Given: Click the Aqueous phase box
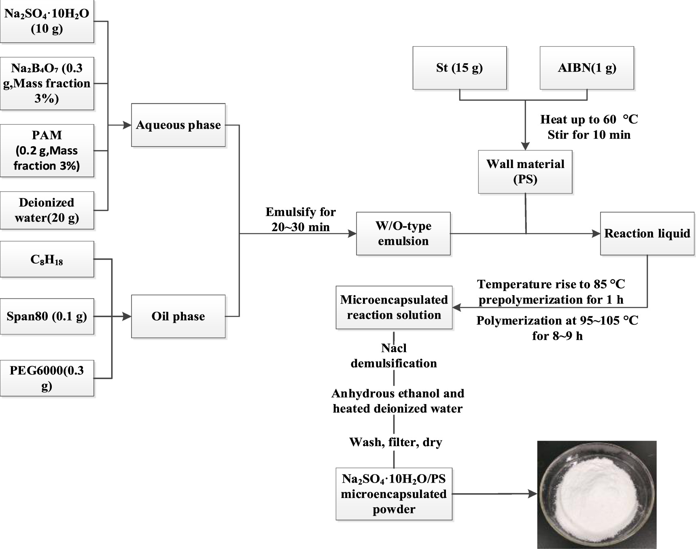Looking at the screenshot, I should click(x=178, y=125).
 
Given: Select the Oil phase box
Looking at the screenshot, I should click(x=178, y=316).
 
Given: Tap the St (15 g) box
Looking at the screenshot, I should click(x=459, y=68).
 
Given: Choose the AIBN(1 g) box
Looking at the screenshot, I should click(x=587, y=68).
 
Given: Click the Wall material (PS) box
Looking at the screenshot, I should click(x=525, y=172).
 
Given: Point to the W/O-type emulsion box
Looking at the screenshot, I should click(x=403, y=234).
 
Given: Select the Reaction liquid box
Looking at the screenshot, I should click(x=647, y=234).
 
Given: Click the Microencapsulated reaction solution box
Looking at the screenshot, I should click(x=394, y=308).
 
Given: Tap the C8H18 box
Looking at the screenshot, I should click(x=47, y=259).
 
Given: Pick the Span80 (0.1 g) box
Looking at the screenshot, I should click(x=47, y=316).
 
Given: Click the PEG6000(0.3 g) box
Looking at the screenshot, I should click(x=47, y=378).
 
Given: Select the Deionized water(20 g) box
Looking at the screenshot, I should click(x=47, y=210).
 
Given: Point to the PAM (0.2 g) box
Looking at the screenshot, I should click(x=47, y=150).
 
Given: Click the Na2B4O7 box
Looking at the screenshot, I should click(x=47, y=83).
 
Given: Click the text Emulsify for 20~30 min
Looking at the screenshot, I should click(x=300, y=219).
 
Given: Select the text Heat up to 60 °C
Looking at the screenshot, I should click(x=589, y=119).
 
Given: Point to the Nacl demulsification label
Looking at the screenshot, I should click(x=394, y=355).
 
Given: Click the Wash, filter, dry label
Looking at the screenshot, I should click(x=395, y=442).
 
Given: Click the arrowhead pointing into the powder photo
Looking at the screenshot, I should click(x=533, y=494).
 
